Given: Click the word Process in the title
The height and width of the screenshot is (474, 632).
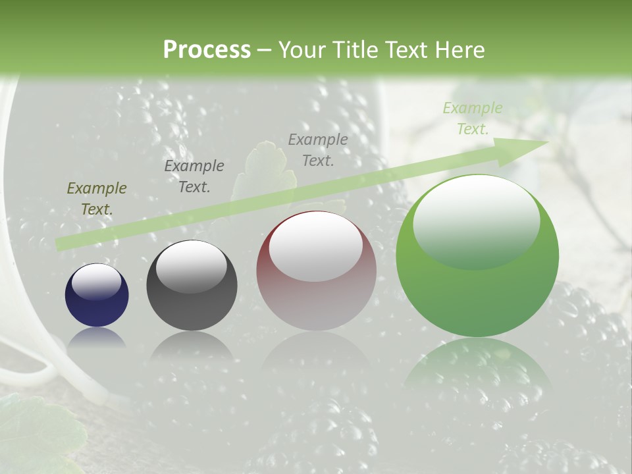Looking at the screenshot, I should [207, 50].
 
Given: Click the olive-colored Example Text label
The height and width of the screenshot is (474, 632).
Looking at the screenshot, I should [97, 199].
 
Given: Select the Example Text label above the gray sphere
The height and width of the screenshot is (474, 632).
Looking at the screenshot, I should [194, 176].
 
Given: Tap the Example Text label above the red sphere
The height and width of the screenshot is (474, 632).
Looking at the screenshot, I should [318, 149].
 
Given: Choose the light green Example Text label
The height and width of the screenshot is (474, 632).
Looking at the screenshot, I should [472, 118].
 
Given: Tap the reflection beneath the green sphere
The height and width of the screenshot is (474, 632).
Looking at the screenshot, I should [477, 372].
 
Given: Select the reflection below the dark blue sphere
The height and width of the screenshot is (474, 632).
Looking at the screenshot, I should [97, 337].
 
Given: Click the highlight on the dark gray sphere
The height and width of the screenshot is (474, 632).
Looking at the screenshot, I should [191, 267].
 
